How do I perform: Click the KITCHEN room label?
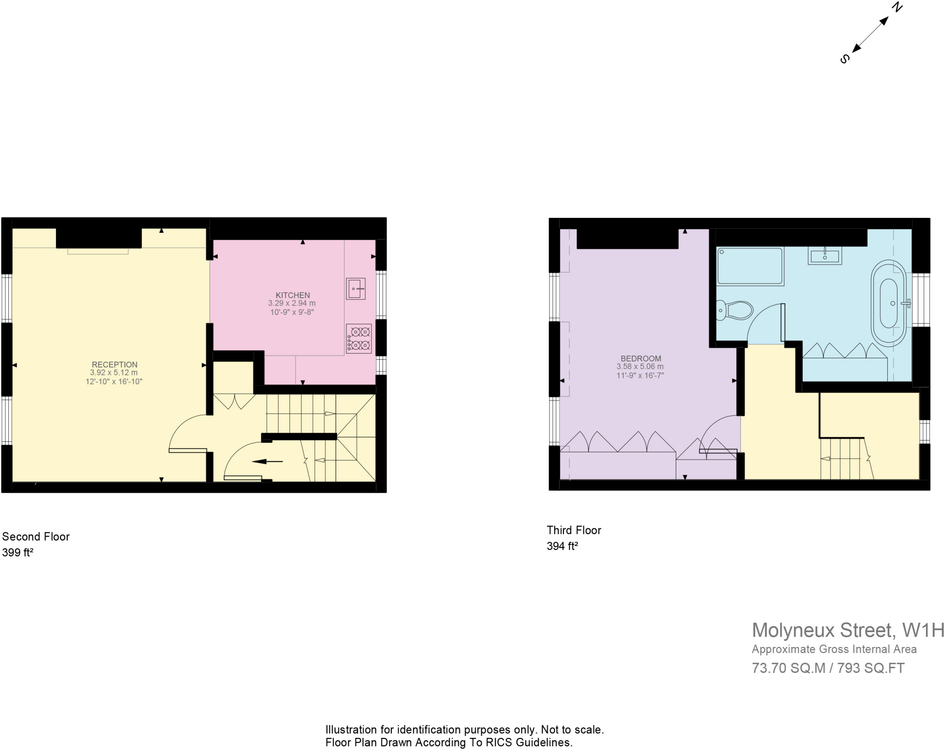click(292, 295)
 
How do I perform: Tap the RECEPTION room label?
click(115, 364)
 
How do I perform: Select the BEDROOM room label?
click(641, 358)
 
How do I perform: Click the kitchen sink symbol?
click(355, 289)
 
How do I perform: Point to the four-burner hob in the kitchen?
click(359, 338)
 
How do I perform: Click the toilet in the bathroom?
click(734, 310)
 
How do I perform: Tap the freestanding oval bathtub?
click(888, 303)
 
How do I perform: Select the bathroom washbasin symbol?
click(825, 255)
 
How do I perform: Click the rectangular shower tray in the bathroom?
click(750, 266)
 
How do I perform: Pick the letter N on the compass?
click(897, 7)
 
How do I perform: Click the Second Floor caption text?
click(36, 537)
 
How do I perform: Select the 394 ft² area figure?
click(562, 546)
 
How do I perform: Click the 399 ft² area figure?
click(18, 553)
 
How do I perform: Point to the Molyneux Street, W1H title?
click(848, 630)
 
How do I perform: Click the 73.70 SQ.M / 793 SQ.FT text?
click(828, 668)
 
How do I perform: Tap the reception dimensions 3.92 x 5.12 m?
click(114, 373)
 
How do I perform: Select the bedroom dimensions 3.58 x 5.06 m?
click(640, 367)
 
